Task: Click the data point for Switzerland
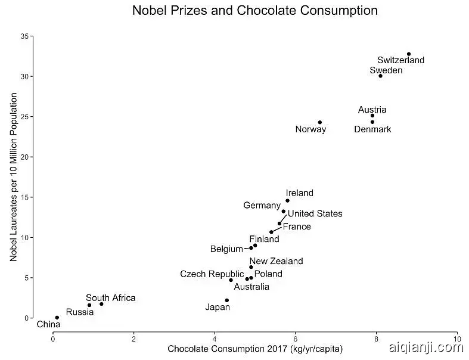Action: coord(409,54)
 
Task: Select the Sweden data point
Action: coord(380,76)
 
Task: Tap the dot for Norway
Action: coord(320,123)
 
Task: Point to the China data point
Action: coord(57,318)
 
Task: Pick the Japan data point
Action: coord(227,300)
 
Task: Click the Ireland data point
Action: coord(287,201)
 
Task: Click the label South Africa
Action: coord(110,298)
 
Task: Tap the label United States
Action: coord(315,214)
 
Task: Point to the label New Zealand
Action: coord(276,261)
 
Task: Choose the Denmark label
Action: coord(372,129)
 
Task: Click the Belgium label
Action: coord(226,249)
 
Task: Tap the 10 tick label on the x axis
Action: coord(456,337)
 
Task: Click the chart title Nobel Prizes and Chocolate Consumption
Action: coord(254,11)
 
